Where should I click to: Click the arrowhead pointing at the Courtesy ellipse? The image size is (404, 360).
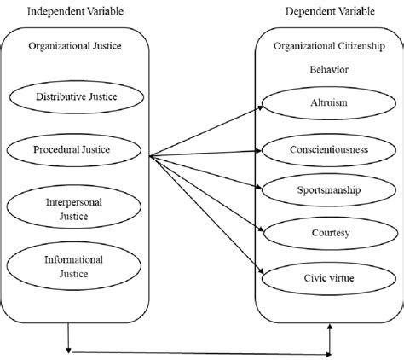260,229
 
